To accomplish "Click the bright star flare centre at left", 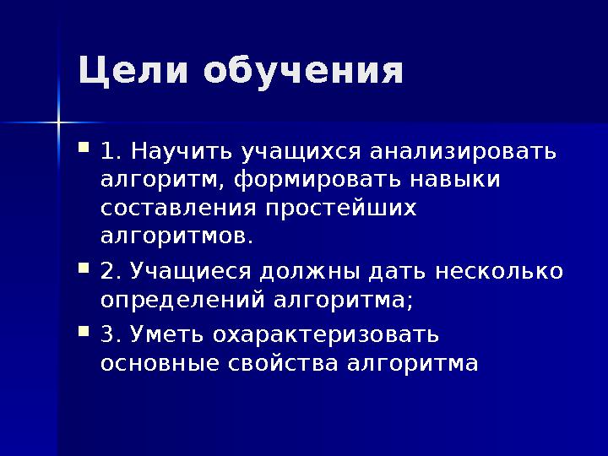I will [58, 123].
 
